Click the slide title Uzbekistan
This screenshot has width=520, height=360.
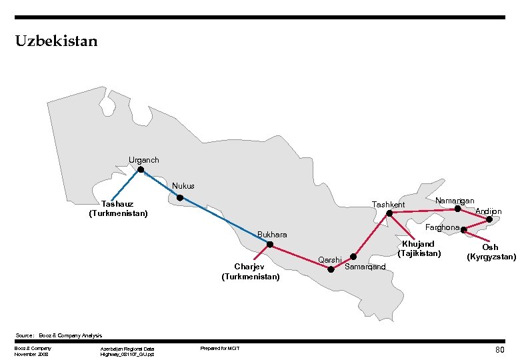coord(56,41)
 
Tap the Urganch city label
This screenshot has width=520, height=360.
coord(144,160)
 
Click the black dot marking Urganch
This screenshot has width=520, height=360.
coord(141,170)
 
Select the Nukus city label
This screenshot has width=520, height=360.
coord(183,186)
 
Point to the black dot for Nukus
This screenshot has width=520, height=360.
coord(180,198)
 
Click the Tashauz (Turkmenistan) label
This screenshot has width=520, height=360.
coord(118,209)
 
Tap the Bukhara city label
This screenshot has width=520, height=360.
coord(272,235)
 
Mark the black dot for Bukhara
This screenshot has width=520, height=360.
coord(270,245)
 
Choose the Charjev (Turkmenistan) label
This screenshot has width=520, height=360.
coord(251,271)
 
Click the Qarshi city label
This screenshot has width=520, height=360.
coord(330,259)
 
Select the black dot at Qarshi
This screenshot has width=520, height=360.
coord(331,269)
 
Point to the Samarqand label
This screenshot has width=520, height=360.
coord(365,267)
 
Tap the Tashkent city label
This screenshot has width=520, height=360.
coord(389,204)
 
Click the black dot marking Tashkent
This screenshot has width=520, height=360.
coord(389,214)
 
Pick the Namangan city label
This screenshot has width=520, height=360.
coord(454,201)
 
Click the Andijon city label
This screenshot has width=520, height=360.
coord(489,211)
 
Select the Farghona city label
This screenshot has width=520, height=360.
coord(443,227)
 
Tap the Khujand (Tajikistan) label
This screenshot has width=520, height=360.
coord(419,249)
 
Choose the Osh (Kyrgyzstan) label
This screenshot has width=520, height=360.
coord(491,252)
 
